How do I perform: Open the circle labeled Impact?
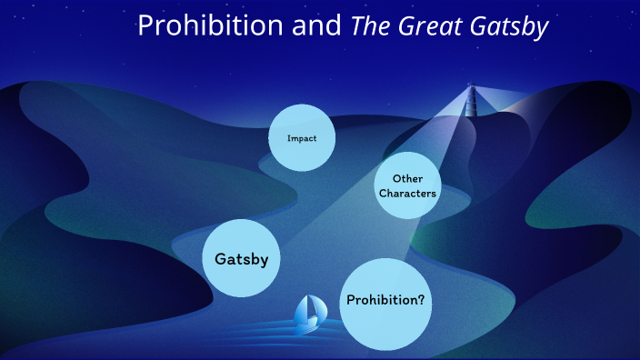coord(302,139)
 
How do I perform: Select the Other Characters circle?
coord(407,185)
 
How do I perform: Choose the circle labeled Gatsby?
coord(241,259)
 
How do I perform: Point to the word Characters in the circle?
coord(408,194)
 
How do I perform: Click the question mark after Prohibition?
coord(422,299)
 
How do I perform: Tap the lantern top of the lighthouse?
coord(471,85)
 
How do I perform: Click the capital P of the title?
coord(145,27)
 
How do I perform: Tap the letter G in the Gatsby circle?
coord(220,259)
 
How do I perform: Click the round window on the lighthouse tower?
coord(471,98)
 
